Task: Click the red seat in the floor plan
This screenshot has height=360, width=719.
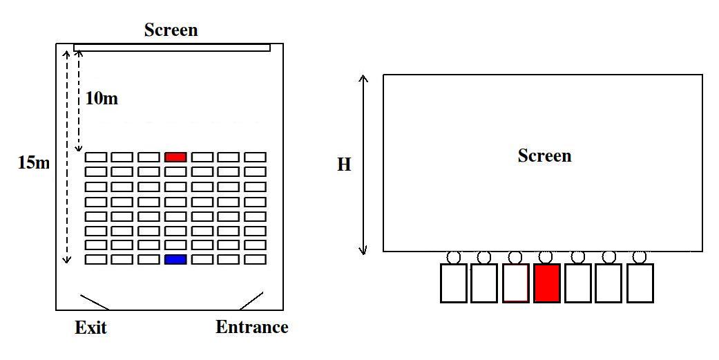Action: [175, 157]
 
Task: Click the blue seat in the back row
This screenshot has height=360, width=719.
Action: [175, 259]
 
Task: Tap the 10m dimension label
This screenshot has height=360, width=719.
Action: [102, 99]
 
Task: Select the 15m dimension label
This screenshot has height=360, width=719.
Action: [34, 163]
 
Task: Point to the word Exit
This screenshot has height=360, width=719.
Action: [90, 328]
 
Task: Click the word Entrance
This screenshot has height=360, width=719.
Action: [251, 327]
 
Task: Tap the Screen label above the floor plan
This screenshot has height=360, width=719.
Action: [171, 30]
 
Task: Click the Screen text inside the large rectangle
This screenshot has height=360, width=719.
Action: [544, 156]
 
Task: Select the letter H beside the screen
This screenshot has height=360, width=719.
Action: [344, 165]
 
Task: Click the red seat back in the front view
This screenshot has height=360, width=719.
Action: [546, 283]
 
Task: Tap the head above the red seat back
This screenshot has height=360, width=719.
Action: [546, 257]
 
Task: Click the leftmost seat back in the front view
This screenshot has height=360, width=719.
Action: [454, 283]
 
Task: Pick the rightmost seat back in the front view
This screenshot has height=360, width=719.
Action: [640, 283]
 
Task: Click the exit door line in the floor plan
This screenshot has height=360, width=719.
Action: [94, 302]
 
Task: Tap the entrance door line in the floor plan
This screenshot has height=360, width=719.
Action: [251, 301]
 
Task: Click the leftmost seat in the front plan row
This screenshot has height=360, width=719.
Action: [95, 157]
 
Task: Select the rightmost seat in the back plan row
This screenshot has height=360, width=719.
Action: [255, 259]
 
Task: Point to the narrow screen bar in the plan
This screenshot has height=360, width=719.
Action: [171, 47]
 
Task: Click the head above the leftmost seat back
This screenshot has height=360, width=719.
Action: [454, 257]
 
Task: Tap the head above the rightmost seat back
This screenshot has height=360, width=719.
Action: [640, 257]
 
